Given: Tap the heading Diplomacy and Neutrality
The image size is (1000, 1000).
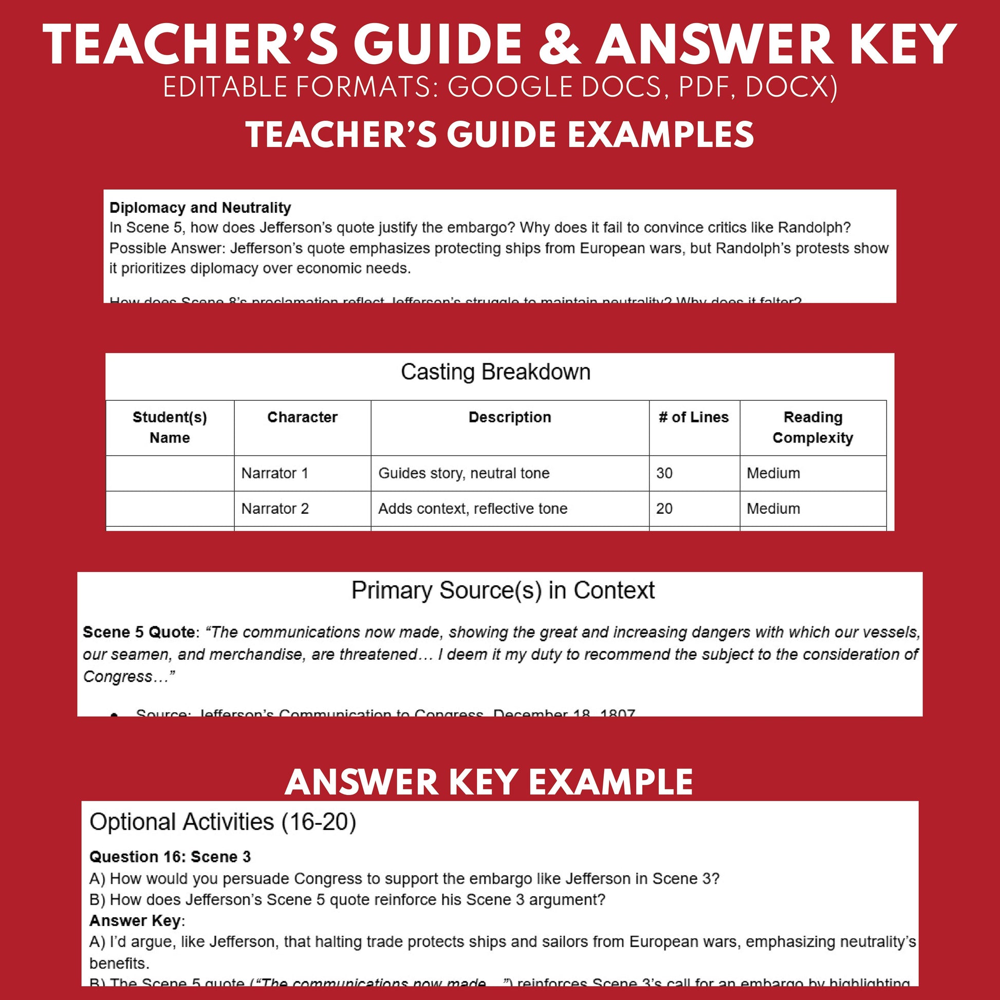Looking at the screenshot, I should click(x=200, y=208).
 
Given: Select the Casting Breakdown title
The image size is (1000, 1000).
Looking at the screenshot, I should click(x=495, y=372).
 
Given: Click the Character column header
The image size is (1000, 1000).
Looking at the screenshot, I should click(x=302, y=417).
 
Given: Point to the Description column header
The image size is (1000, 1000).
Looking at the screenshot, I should click(x=509, y=417).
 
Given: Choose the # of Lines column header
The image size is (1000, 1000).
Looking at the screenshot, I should click(x=693, y=417).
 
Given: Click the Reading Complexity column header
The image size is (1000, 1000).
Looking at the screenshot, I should click(x=812, y=428).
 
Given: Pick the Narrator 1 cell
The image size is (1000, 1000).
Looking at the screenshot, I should click(x=275, y=473).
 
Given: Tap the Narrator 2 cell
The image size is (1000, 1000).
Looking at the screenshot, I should click(x=275, y=508).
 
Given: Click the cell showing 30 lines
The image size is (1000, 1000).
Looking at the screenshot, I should click(x=664, y=473).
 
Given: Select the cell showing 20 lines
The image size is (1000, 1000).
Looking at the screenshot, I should click(x=664, y=508).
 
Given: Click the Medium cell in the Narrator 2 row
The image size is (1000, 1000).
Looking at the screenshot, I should click(x=773, y=508).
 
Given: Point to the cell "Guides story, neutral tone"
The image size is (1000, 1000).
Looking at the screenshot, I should click(x=464, y=473).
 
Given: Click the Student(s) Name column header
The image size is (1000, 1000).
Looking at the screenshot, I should click(x=170, y=428).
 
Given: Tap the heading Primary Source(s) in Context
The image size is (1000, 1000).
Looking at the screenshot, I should click(x=503, y=590).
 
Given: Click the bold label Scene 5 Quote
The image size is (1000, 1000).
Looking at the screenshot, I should click(x=139, y=632).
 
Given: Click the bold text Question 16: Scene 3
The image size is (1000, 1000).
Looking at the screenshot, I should click(x=170, y=857).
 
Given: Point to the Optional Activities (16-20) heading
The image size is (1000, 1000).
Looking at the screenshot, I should click(x=223, y=822).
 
